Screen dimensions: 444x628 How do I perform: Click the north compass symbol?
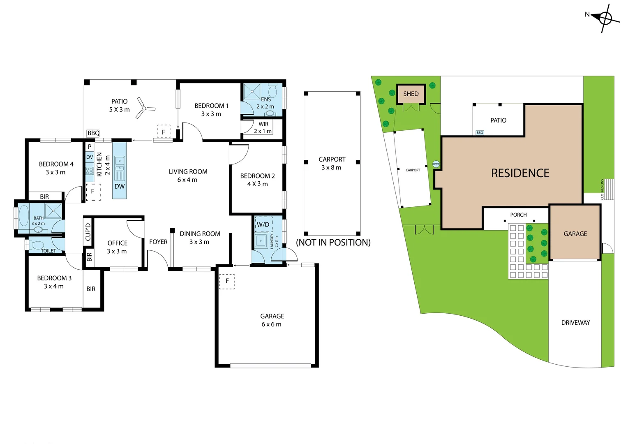point(605,18)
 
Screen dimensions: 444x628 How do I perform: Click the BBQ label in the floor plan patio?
point(93,133)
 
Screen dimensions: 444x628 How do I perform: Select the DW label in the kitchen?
point(120,186)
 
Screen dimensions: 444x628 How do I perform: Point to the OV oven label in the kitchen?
point(90,157)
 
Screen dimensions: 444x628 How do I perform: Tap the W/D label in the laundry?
point(263,224)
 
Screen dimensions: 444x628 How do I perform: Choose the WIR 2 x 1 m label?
point(263,127)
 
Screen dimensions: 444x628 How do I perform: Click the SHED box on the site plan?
point(411,94)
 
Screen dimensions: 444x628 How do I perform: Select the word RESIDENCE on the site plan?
point(520,173)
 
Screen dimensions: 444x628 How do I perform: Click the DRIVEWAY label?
point(575,323)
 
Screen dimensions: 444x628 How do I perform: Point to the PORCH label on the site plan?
point(518,215)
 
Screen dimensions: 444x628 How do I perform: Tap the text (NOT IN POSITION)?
point(333,243)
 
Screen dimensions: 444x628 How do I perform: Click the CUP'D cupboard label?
point(88,232)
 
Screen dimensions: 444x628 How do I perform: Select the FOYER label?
point(158,242)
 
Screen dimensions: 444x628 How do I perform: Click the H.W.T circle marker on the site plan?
point(436,164)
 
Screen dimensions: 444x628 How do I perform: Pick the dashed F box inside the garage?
point(227,281)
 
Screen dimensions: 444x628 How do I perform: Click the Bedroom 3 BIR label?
point(91,289)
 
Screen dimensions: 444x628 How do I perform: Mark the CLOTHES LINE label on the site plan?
point(603,189)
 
